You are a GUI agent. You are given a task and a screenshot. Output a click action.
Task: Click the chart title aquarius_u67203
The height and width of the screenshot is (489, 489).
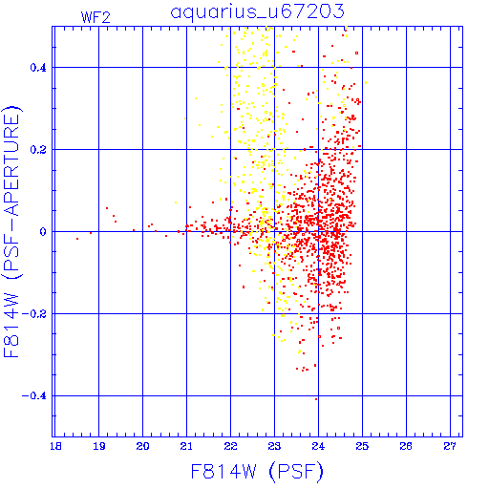[257, 12]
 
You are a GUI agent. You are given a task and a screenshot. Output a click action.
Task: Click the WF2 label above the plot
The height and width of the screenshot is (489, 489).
[96, 17]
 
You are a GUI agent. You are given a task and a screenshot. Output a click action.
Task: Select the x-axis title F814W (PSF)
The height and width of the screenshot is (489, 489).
[257, 472]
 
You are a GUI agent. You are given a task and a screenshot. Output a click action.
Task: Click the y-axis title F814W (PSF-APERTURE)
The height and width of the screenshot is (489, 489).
[11, 232]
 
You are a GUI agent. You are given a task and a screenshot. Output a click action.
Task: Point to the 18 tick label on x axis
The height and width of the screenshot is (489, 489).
[55, 446]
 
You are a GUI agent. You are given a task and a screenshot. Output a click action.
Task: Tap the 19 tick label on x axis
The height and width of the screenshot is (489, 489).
[99, 446]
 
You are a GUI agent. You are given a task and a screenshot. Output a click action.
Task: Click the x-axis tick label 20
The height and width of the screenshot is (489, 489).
[142, 446]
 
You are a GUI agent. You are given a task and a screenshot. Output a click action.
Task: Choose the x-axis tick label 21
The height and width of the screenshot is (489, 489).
[186, 446]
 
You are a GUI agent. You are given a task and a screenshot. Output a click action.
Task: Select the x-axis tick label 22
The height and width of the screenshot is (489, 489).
[230, 446]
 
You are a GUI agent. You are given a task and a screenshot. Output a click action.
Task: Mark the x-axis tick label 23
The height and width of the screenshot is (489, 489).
[274, 446]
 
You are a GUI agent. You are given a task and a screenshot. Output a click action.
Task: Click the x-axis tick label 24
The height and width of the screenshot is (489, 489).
[318, 446]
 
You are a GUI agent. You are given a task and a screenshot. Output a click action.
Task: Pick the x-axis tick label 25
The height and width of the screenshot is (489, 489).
[362, 446]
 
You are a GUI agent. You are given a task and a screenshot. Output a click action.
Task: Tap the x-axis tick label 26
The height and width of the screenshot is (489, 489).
[406, 446]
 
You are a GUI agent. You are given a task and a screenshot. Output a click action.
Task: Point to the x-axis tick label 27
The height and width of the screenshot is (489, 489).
[450, 446]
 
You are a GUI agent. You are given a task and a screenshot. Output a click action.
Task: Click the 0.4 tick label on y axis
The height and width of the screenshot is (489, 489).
[38, 68]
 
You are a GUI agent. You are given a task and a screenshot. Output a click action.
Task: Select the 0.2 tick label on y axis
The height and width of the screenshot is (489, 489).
[38, 150]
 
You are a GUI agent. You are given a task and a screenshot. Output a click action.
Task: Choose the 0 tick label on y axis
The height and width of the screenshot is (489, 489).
[43, 232]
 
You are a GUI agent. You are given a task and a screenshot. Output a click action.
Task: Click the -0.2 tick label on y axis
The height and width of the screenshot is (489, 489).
[34, 314]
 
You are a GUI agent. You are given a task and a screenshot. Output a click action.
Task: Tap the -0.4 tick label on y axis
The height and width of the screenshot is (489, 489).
[34, 396]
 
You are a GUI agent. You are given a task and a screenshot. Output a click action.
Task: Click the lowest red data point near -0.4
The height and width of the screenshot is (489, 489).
[316, 399]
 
